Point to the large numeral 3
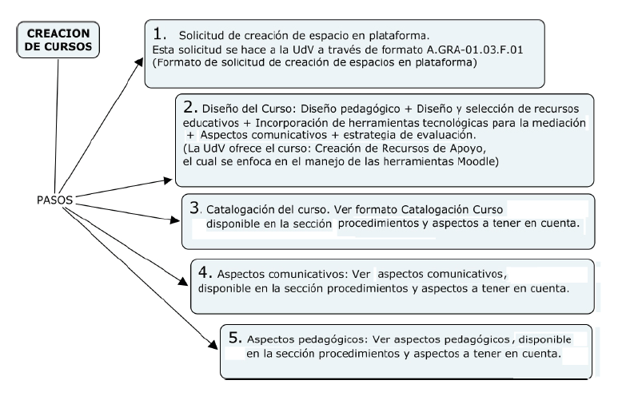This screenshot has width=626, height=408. click(194, 206)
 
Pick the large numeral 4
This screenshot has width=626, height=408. click(204, 270)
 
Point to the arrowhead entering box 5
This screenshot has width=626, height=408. click(213, 344)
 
